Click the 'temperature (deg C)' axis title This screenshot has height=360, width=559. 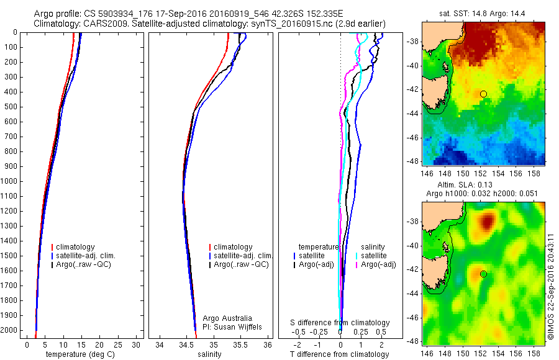click(80, 354)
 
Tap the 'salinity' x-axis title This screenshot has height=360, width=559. click(208, 354)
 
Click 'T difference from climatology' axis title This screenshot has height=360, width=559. click(339, 354)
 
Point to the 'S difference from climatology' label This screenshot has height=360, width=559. click(340, 323)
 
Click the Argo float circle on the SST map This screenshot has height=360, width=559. click(483, 94)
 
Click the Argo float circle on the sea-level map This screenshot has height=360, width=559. click(483, 274)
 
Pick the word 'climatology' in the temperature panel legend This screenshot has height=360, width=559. click(76, 247)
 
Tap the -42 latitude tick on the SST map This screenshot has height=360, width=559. click(412, 94)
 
